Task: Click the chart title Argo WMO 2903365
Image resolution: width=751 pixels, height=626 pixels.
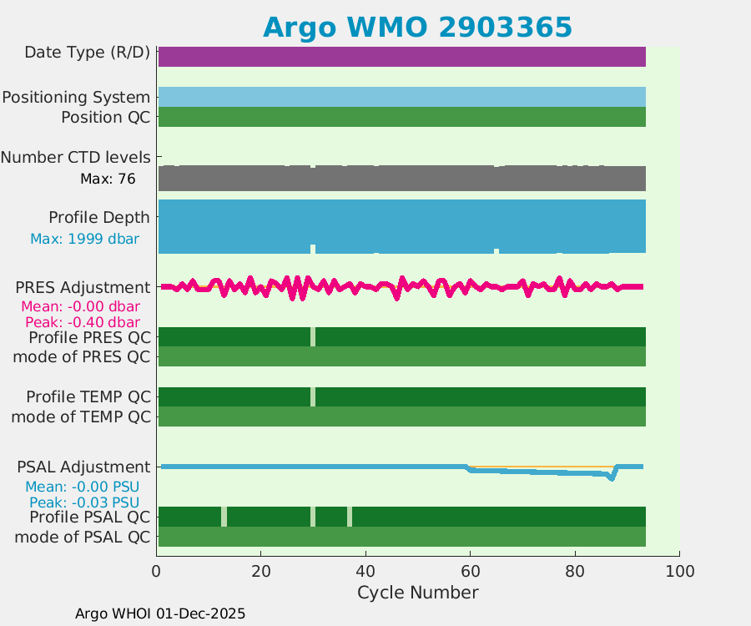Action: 417,28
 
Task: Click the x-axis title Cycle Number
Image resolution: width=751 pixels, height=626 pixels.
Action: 417,593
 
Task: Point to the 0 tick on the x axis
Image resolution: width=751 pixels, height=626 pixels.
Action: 156,572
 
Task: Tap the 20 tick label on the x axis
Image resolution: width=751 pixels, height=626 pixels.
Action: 261,572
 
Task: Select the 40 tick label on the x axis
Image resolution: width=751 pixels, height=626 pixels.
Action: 365,572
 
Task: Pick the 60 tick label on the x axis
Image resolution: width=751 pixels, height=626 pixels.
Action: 470,572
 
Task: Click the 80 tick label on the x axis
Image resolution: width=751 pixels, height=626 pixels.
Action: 575,572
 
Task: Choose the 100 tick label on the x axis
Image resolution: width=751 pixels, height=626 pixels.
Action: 679,572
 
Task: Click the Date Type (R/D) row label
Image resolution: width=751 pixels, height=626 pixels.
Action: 87,53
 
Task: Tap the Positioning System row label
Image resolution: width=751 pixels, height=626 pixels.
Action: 76,98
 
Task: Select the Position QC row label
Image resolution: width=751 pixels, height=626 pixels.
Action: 105,118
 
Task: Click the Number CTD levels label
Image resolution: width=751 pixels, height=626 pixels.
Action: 76,157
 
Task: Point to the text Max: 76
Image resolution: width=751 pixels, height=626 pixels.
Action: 108,179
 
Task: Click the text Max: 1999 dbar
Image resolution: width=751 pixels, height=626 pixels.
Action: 84,239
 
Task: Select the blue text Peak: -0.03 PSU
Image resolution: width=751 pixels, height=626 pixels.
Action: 83,502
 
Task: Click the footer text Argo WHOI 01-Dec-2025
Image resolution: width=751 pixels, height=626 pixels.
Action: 160,613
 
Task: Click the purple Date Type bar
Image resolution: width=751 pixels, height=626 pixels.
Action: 401,57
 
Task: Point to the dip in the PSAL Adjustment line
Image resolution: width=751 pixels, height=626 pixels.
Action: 612,479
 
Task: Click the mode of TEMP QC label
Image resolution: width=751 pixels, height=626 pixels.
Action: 81,416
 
